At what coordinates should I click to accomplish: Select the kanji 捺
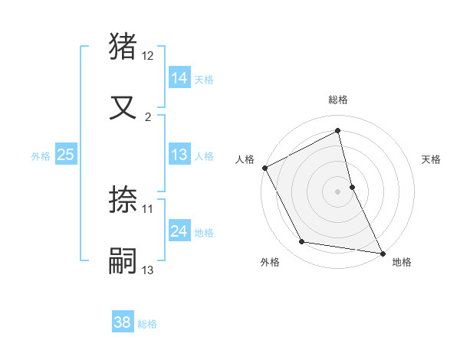coord(123,201)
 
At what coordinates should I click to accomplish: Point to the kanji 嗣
coord(123,260)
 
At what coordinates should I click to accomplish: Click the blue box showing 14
coord(179,77)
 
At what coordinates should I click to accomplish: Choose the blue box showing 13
coord(179,155)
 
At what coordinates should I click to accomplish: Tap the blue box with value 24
coord(179,231)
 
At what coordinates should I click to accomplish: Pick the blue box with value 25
coord(65,155)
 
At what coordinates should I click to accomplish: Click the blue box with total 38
coord(123,322)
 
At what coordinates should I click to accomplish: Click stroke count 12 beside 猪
coord(148,57)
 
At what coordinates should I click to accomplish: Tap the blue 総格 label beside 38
coord(147,324)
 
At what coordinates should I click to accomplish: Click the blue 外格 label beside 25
coord(41,156)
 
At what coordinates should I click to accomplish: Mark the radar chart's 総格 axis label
coord(338,100)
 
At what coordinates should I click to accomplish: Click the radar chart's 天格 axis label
coord(432,159)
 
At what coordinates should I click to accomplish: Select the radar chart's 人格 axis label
coord(245,159)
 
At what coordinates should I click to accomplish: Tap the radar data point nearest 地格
coord(383,253)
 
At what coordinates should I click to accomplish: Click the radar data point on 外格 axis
coord(302,242)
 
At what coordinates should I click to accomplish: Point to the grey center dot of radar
coord(338,191)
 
